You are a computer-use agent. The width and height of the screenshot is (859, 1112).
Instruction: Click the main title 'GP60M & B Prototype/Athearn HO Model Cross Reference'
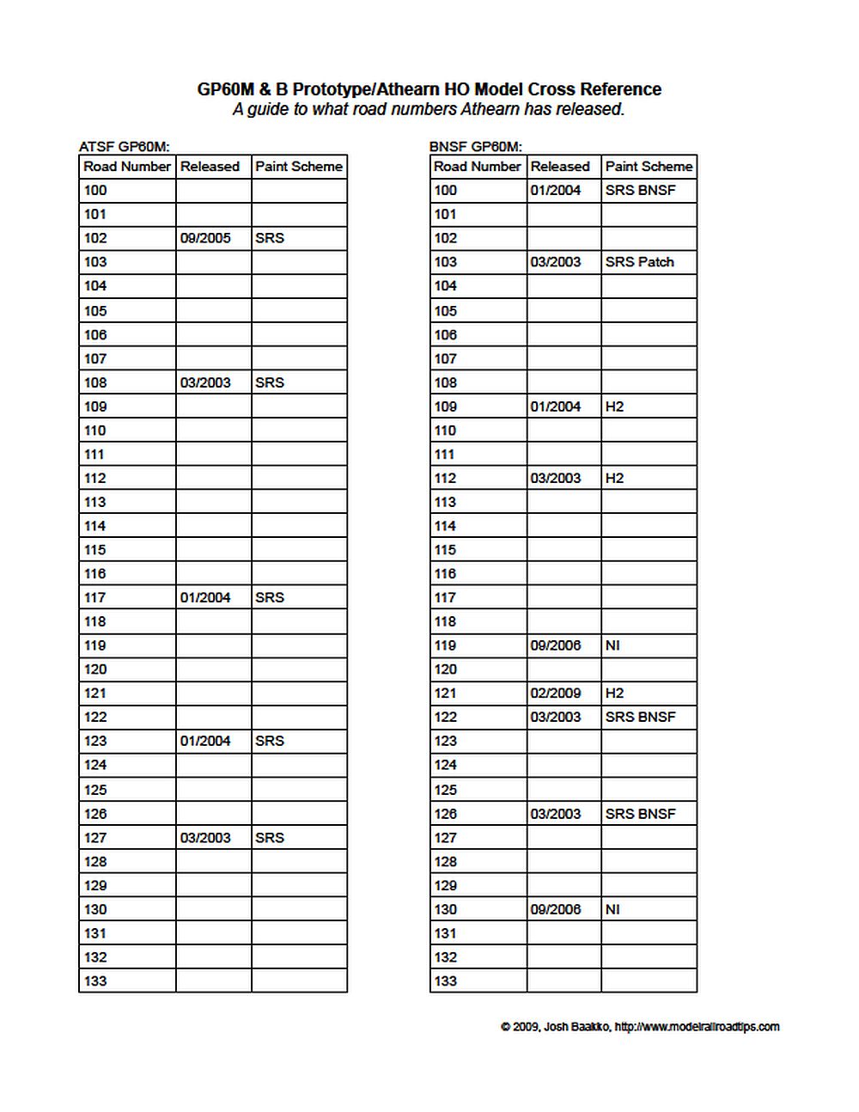[429, 89]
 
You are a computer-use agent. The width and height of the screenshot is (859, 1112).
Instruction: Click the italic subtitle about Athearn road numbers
[429, 109]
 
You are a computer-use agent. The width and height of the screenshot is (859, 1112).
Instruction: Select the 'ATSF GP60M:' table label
[125, 147]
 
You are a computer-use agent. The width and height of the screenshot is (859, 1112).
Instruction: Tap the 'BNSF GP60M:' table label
[475, 147]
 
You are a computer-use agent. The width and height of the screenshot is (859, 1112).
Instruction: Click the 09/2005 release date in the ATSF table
[205, 238]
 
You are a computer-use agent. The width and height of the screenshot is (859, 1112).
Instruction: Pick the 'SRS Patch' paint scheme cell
[639, 262]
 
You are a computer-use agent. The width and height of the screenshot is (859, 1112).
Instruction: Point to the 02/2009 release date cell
[555, 693]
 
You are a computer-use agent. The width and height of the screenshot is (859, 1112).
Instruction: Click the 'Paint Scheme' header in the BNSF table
[649, 167]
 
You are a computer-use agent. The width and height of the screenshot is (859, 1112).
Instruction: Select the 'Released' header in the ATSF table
[210, 167]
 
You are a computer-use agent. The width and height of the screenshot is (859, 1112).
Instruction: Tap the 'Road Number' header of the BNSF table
[477, 167]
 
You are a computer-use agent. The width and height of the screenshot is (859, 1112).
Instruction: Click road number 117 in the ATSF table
[95, 597]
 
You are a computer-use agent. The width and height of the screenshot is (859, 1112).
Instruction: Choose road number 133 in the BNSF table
[445, 981]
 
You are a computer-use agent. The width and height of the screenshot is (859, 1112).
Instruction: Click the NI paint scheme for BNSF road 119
[612, 645]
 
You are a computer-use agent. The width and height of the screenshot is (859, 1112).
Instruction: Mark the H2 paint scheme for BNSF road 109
[614, 406]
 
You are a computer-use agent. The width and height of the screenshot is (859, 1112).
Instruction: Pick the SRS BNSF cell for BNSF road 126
[640, 814]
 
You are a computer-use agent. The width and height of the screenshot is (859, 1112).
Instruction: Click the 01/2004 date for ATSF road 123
[205, 741]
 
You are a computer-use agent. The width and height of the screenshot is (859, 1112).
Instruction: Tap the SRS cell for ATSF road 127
[269, 838]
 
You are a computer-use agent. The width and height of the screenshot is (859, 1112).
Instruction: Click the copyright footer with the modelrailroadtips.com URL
[640, 1026]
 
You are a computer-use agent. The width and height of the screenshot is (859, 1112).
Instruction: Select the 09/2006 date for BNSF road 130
[555, 909]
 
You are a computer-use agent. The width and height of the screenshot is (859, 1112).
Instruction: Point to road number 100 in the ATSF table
[95, 190]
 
